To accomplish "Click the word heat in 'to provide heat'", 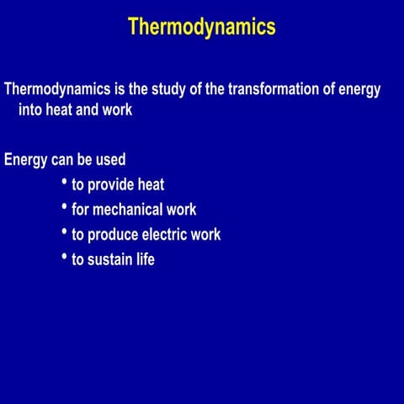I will click(x=151, y=185).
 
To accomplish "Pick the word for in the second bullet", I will click(x=80, y=210).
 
